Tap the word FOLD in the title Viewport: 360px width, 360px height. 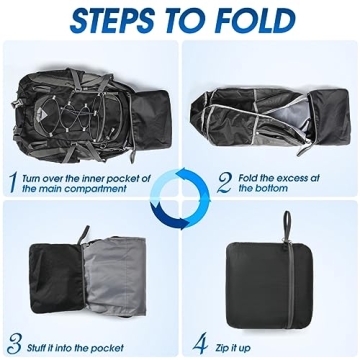[x=255, y=19]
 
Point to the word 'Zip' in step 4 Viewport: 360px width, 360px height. [x=224, y=348]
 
